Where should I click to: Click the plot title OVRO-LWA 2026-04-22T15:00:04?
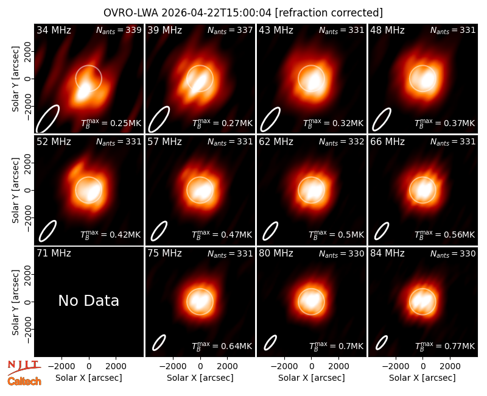[x=187, y=13]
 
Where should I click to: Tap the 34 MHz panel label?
[x=54, y=30]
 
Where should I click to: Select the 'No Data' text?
[x=88, y=300]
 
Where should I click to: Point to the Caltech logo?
[x=24, y=381]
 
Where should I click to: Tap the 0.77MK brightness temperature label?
[x=445, y=345]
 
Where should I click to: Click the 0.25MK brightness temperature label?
[x=111, y=123]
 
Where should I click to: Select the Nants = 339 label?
[x=119, y=30]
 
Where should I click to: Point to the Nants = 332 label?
[x=342, y=142]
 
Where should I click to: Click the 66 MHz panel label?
[x=387, y=142]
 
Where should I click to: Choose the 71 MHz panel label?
[x=54, y=253]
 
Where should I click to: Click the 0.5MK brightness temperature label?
[x=336, y=235]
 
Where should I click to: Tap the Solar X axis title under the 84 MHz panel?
[x=422, y=378]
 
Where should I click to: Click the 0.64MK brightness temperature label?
[x=222, y=345]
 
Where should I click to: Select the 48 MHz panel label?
[x=387, y=30]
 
